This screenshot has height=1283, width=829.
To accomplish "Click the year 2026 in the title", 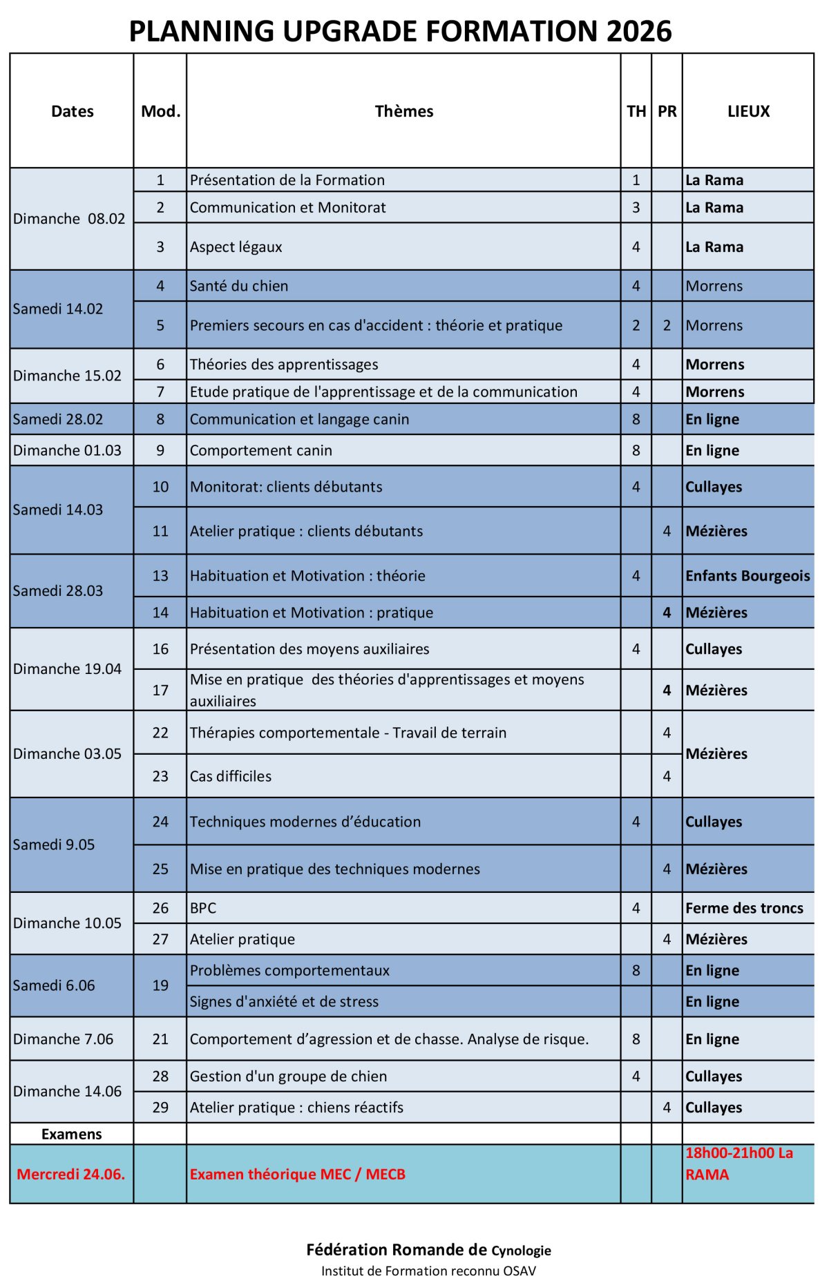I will (639, 31).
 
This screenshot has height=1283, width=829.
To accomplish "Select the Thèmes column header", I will (404, 111).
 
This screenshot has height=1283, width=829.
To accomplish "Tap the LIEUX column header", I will (748, 111).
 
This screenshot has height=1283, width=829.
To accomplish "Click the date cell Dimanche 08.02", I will (69, 219).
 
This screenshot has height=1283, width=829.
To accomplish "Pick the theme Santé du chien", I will (239, 286).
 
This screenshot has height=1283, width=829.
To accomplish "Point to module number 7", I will (160, 392).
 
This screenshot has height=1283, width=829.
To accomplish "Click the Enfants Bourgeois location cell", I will (747, 576).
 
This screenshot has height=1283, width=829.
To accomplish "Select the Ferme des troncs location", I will (744, 908).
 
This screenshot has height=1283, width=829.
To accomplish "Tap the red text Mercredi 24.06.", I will (71, 1174).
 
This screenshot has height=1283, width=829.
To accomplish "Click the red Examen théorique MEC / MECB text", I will (298, 1174).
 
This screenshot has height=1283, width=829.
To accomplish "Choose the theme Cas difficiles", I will (231, 776).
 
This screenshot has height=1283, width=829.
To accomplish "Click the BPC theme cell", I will (203, 908).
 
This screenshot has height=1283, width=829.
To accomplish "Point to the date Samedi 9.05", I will (54, 845).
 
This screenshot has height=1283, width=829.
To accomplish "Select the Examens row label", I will (71, 1134).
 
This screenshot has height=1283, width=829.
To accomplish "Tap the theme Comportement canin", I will (261, 450).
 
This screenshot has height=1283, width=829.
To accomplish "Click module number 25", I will (160, 869).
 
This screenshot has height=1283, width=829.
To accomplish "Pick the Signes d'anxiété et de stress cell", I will (284, 1001).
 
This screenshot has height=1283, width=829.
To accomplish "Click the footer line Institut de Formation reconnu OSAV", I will (428, 1271).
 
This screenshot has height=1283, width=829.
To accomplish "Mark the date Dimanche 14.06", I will (67, 1091).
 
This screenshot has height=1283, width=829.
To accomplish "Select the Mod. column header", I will (160, 111).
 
